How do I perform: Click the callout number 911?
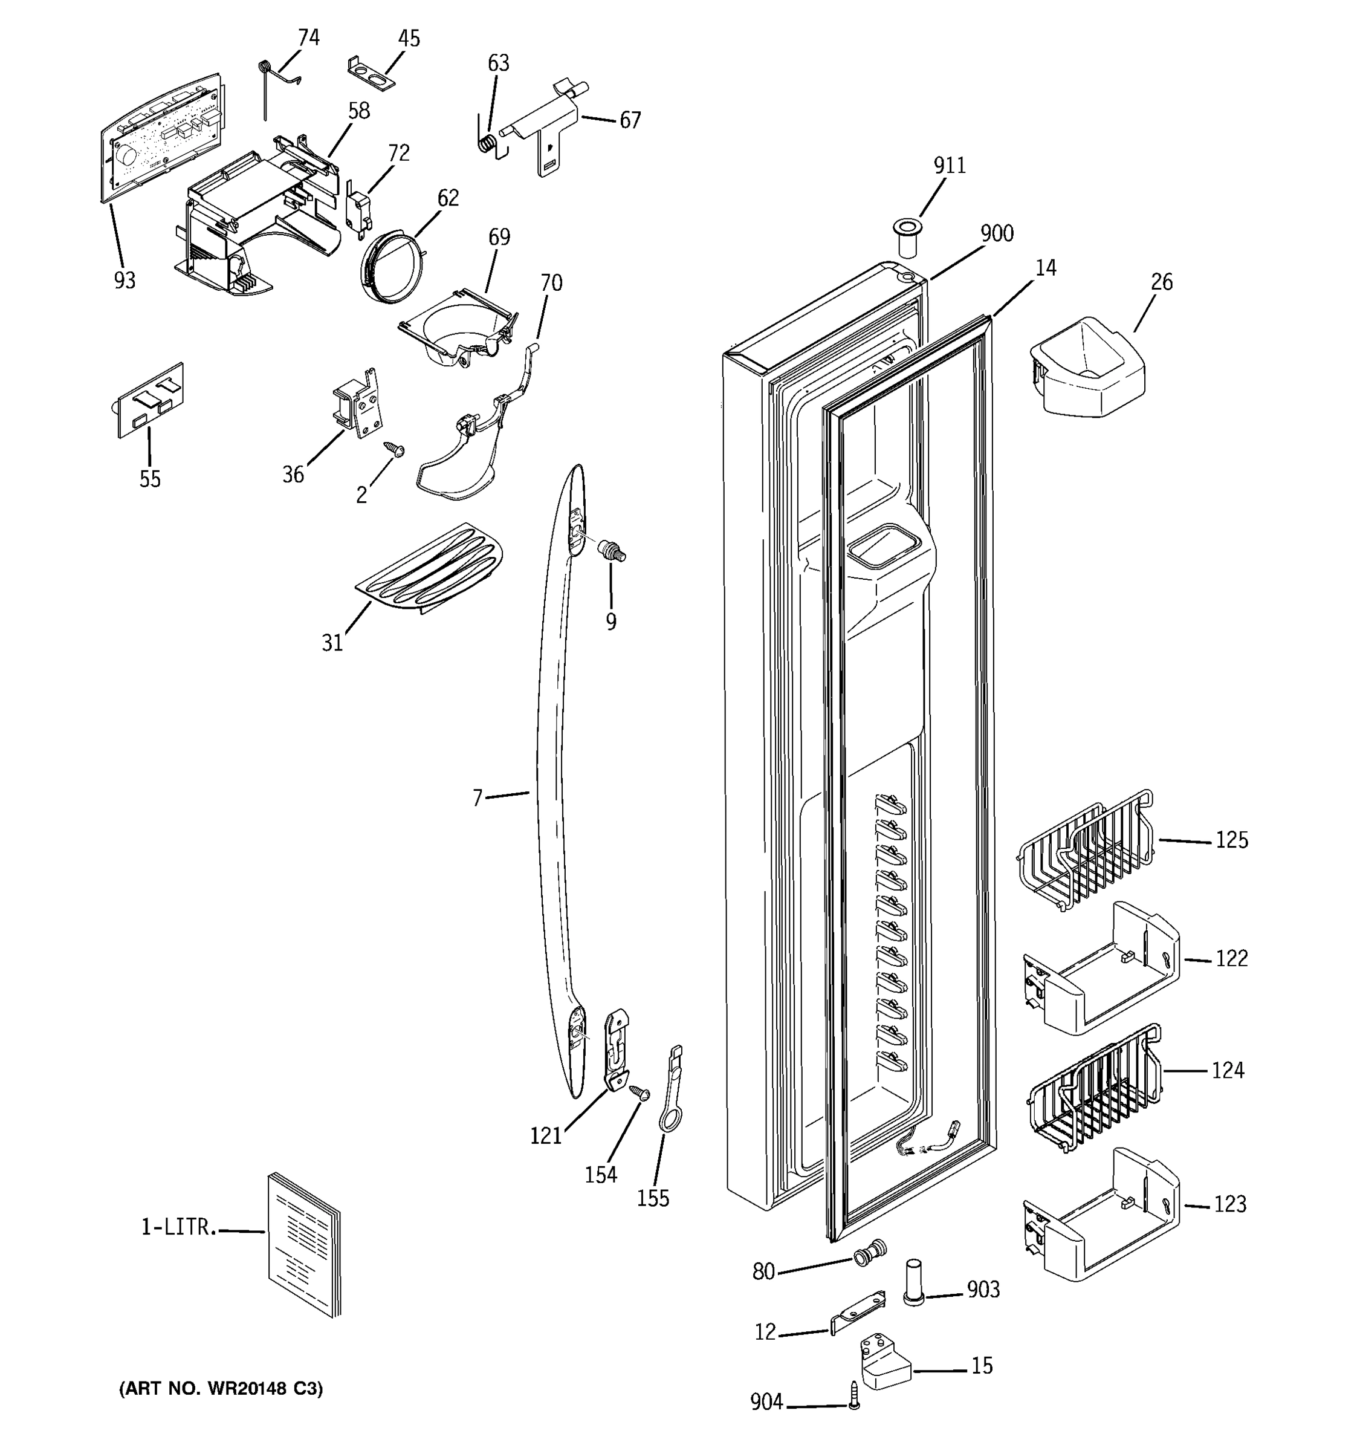pos(949,166)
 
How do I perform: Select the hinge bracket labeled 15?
pos(885,1362)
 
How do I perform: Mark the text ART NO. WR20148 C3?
pos(221,1388)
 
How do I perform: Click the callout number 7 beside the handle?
pos(477,799)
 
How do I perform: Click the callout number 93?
pos(125,281)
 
